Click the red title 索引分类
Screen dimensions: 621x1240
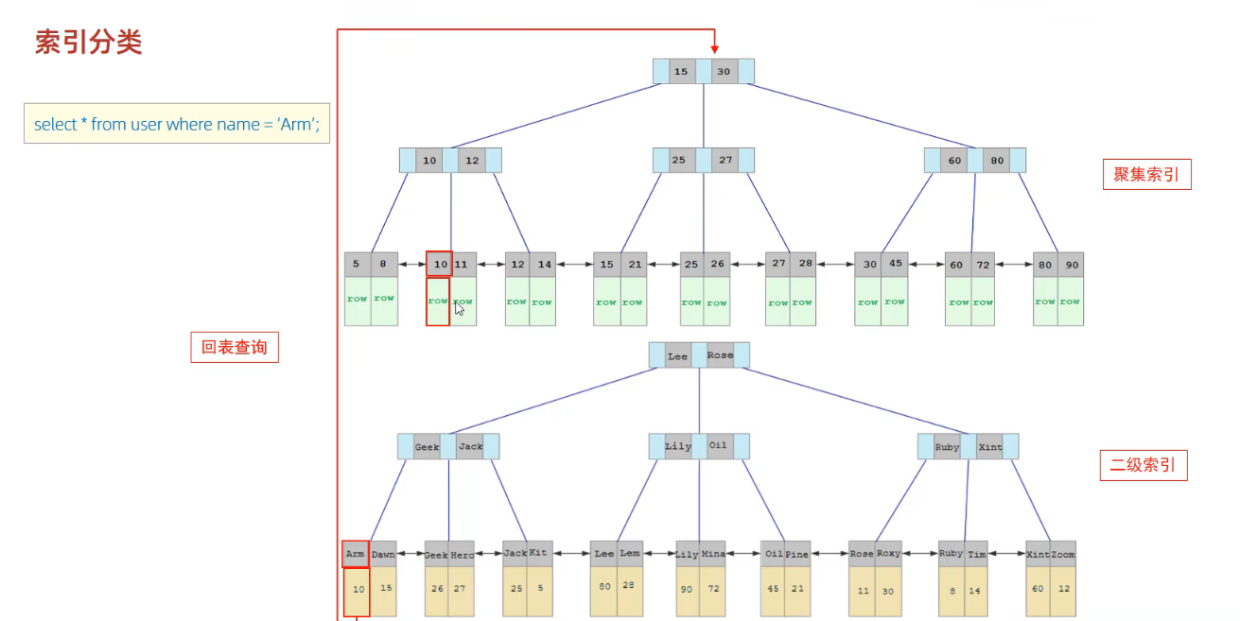tap(89, 43)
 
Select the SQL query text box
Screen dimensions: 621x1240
tap(177, 124)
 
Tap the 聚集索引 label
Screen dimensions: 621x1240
tap(1146, 175)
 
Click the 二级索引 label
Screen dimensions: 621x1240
tap(1143, 465)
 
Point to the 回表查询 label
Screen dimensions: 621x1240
tap(235, 347)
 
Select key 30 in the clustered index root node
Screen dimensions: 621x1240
tap(724, 72)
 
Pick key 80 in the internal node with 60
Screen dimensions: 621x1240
tap(997, 161)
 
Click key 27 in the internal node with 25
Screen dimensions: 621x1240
tap(725, 161)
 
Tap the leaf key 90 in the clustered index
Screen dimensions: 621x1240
tap(1070, 265)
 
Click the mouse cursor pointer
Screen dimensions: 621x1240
tap(460, 308)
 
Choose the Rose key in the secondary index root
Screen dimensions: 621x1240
tap(720, 356)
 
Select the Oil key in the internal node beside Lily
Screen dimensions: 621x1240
tap(719, 446)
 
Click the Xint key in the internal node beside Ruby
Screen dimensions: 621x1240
tap(990, 447)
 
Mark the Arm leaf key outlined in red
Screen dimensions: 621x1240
tap(356, 554)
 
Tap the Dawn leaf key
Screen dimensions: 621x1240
tap(383, 554)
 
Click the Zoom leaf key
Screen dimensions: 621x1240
tap(1063, 554)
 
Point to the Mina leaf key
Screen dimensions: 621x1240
tap(713, 554)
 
